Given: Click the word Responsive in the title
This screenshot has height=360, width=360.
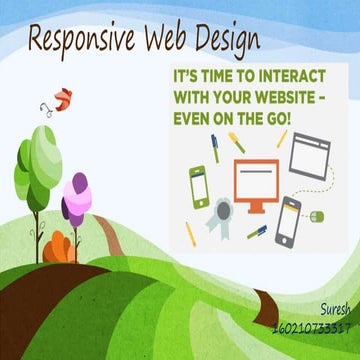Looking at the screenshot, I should [x=82, y=40].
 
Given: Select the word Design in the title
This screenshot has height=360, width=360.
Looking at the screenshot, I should [x=229, y=39].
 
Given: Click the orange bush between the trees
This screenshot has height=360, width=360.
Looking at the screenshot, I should [x=61, y=244].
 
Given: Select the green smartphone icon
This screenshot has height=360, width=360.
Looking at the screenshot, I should [x=199, y=187].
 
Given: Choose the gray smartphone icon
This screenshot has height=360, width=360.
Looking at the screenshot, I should [x=288, y=221].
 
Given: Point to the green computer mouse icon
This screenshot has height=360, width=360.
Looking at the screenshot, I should [x=317, y=214].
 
